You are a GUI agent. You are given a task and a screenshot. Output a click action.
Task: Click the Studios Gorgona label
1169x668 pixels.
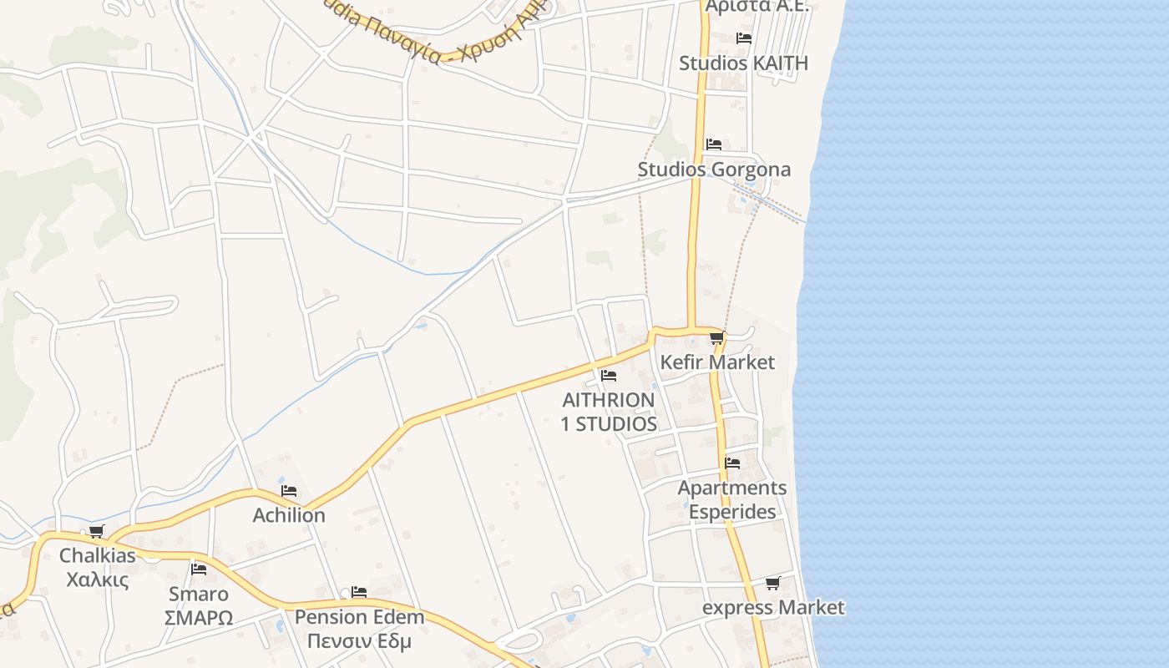(x=714, y=170)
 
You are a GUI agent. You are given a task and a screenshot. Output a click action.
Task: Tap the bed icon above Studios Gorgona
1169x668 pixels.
(x=713, y=144)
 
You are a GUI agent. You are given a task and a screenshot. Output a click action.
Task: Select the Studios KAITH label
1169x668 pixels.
(x=743, y=63)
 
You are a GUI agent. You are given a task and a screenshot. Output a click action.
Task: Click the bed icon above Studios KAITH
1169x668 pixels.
(x=743, y=38)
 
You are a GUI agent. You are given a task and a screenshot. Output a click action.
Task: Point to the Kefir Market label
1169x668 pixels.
(x=717, y=362)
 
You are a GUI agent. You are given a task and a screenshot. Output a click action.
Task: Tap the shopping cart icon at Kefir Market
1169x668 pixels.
(x=716, y=338)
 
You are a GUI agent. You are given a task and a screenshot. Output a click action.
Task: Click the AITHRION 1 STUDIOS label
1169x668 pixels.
(x=608, y=412)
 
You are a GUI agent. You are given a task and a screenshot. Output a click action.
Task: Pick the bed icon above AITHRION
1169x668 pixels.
(x=608, y=376)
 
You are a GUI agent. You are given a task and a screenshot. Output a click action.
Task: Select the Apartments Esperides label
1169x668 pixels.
(x=732, y=499)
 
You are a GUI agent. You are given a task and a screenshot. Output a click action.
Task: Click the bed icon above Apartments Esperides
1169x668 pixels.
(x=732, y=463)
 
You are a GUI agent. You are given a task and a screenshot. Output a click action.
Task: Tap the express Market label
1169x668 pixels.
(x=773, y=608)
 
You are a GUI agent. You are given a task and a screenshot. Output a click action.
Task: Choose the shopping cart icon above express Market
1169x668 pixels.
(x=773, y=583)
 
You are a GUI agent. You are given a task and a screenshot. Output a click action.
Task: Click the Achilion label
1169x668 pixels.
(x=289, y=515)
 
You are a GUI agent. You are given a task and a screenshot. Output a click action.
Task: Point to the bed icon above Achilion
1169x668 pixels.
(x=289, y=491)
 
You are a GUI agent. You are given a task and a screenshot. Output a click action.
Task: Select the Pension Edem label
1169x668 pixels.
(x=359, y=618)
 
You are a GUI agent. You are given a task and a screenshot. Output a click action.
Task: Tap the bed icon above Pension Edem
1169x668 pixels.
(x=359, y=592)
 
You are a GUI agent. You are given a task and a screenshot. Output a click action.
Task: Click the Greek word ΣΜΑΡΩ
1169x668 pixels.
(x=198, y=619)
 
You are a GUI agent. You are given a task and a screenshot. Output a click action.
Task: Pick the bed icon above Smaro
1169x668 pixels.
(x=198, y=569)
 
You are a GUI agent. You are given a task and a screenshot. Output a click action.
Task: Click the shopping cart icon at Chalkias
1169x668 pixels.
(x=97, y=531)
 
